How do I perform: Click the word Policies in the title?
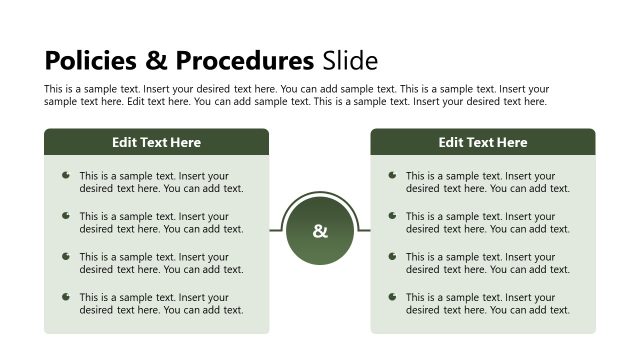coord(90,60)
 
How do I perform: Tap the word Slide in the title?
coord(350,60)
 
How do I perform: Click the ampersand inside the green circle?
coord(320,232)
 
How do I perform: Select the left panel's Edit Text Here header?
coord(156,142)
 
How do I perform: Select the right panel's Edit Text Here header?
coord(483,142)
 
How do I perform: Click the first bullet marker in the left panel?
coord(66,175)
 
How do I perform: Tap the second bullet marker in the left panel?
coord(66,215)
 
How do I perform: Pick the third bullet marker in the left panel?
coord(66,256)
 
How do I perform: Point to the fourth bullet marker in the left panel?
coord(66,296)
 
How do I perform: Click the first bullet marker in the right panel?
coord(392,175)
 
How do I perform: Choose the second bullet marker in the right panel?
coord(392,215)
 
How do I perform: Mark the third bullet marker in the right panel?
coord(392,256)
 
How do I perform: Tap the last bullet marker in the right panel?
coord(392,296)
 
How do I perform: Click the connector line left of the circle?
coord(275,230)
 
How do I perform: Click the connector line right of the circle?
coord(365,230)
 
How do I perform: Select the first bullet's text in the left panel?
coord(161,181)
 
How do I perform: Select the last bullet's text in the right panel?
coord(487,303)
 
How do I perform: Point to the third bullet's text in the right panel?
coord(487,263)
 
